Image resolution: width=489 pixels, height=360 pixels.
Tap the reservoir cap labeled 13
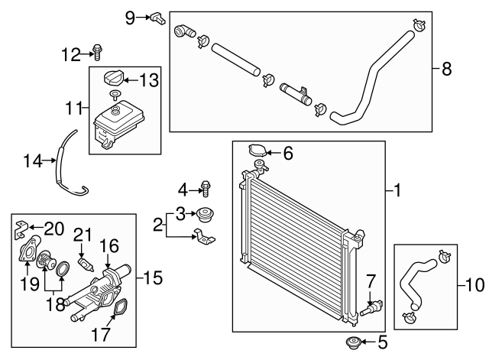pos(113,78)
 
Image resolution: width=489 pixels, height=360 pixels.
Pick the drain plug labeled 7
pos(372,308)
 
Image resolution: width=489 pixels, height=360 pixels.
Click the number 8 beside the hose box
pos(447,69)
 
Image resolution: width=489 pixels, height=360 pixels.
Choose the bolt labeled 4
pos(206,187)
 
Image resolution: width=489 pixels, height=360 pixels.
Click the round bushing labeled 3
pos(204,213)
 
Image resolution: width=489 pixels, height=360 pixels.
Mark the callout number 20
pos(54,227)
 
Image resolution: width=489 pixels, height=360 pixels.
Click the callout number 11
pos(73,109)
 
